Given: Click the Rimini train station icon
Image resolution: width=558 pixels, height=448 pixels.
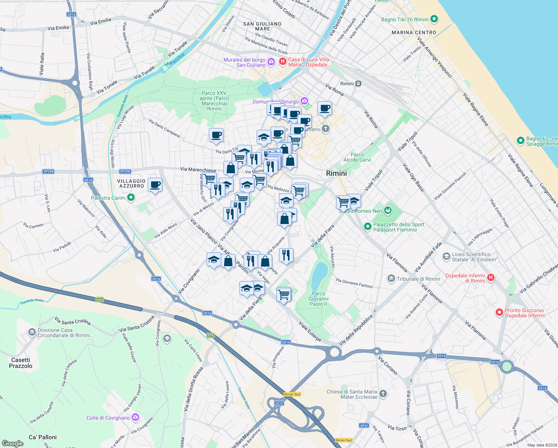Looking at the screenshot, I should pos(358,84).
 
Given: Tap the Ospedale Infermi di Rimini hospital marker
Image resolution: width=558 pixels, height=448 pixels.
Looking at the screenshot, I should pos(491,277).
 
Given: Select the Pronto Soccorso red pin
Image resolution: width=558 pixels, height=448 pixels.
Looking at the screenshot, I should pos(499,312).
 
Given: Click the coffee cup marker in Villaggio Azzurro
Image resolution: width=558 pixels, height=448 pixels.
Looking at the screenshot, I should pos(155,184).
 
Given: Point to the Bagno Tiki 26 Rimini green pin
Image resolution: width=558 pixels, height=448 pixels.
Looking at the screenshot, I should pos(434,19).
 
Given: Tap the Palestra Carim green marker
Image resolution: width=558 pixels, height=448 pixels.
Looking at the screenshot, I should pos(131,197).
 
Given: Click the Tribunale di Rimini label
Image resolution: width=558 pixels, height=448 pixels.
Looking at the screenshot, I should pos(418,279).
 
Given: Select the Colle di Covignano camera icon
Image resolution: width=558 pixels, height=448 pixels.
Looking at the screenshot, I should pos(135,417).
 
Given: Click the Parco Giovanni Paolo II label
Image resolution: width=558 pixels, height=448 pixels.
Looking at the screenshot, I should pos(319,299).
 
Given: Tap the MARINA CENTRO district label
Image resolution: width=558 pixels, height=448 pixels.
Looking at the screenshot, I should pos(414,32).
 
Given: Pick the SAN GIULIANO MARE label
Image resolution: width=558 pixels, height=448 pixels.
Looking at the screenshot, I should pos(262,26).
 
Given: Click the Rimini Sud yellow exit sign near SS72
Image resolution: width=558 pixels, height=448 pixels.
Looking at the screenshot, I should pos(292,394).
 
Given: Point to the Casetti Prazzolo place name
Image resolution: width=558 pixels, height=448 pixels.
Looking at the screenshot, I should pos(21,363).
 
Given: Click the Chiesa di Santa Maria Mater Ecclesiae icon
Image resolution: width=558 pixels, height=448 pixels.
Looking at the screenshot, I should pos(383,393).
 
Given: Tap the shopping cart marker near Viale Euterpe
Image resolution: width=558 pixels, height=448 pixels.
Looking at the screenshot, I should pos(284,295).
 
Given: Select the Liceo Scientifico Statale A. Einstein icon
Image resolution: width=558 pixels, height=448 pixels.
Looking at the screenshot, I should pos(446,256).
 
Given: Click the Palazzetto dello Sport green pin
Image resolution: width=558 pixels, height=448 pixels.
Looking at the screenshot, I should pos(367,227).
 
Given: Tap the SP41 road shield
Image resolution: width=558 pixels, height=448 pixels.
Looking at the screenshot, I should pos(364,425).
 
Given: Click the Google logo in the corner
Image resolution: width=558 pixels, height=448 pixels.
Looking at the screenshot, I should pos(12,443).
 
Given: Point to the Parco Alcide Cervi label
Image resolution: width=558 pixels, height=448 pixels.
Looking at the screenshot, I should pos(357,157).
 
